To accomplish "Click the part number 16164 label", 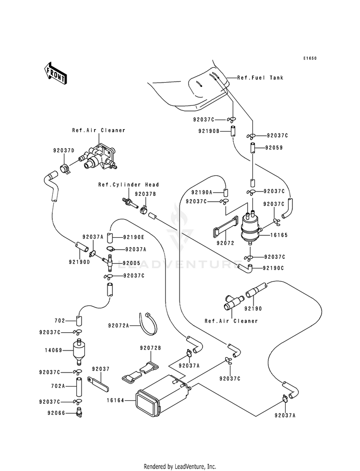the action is [115, 400].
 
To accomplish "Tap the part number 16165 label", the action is [279, 235].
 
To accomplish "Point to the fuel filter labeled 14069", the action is [79, 350].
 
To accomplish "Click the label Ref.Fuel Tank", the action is [260, 77].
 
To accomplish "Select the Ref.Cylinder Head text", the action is [129, 184].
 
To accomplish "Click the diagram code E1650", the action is [310, 58].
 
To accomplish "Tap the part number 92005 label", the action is [131, 264].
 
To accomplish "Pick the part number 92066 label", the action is [56, 413].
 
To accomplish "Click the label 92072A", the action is [119, 326].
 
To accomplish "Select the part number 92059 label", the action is [274, 147].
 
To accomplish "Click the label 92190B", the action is [209, 131].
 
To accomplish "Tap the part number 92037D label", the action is [64, 150].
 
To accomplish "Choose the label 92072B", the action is [150, 348].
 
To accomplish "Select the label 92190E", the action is [133, 237].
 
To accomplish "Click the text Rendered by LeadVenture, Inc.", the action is [180, 467].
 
